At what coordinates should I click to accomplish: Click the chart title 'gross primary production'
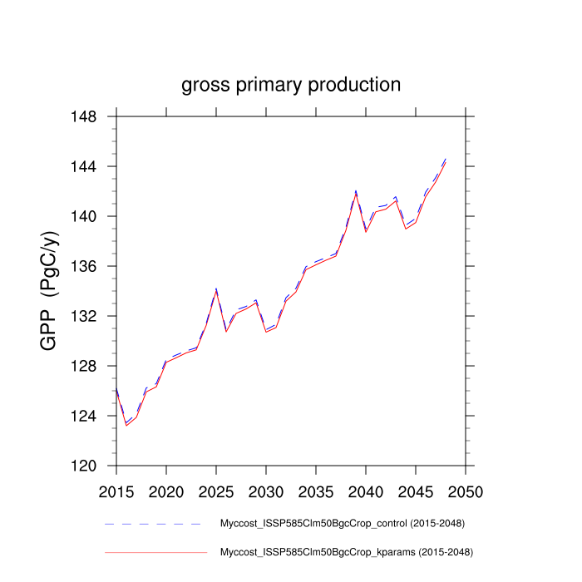coord(291,85)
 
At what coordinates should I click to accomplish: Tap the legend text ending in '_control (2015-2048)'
coord(342,523)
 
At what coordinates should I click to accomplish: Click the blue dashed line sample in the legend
coord(154,524)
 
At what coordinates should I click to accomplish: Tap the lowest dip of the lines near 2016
coord(126,425)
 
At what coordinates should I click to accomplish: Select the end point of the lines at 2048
coord(446,160)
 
